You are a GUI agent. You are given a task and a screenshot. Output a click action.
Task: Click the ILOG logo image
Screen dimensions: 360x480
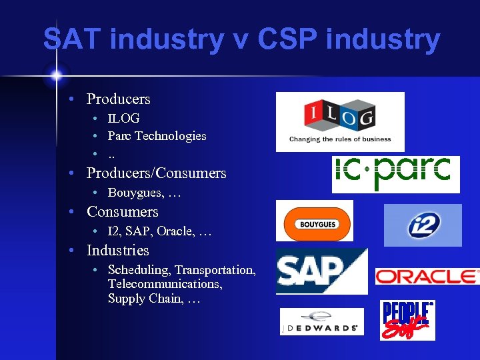(x=340, y=121)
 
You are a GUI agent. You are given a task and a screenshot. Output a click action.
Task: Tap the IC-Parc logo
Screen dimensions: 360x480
(x=395, y=173)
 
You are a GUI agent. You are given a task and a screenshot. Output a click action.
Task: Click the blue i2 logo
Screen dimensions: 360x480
(x=423, y=225)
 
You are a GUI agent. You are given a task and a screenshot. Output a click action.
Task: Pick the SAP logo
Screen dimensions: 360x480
(x=321, y=271)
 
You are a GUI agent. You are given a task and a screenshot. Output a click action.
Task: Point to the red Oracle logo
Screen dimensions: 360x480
(x=427, y=276)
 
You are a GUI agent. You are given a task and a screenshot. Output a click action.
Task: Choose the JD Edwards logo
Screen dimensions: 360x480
(x=321, y=321)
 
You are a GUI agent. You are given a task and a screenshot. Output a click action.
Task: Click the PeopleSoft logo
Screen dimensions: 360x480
(x=407, y=320)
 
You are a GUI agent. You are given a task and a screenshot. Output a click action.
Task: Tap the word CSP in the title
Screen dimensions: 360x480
(x=287, y=39)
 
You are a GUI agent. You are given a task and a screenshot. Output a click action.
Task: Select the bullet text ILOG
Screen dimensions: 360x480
(x=123, y=119)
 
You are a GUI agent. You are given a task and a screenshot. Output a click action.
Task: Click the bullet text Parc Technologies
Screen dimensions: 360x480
(x=157, y=136)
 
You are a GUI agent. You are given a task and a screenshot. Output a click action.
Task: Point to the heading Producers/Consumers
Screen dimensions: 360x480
(x=156, y=173)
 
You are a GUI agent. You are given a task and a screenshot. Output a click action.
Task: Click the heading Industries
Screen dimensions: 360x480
(x=117, y=251)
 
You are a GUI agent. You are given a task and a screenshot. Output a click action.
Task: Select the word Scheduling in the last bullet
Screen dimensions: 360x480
(x=139, y=270)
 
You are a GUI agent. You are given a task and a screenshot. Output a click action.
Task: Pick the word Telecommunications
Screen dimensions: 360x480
(x=165, y=285)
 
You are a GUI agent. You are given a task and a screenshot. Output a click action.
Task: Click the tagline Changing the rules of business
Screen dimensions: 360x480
(x=340, y=139)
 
